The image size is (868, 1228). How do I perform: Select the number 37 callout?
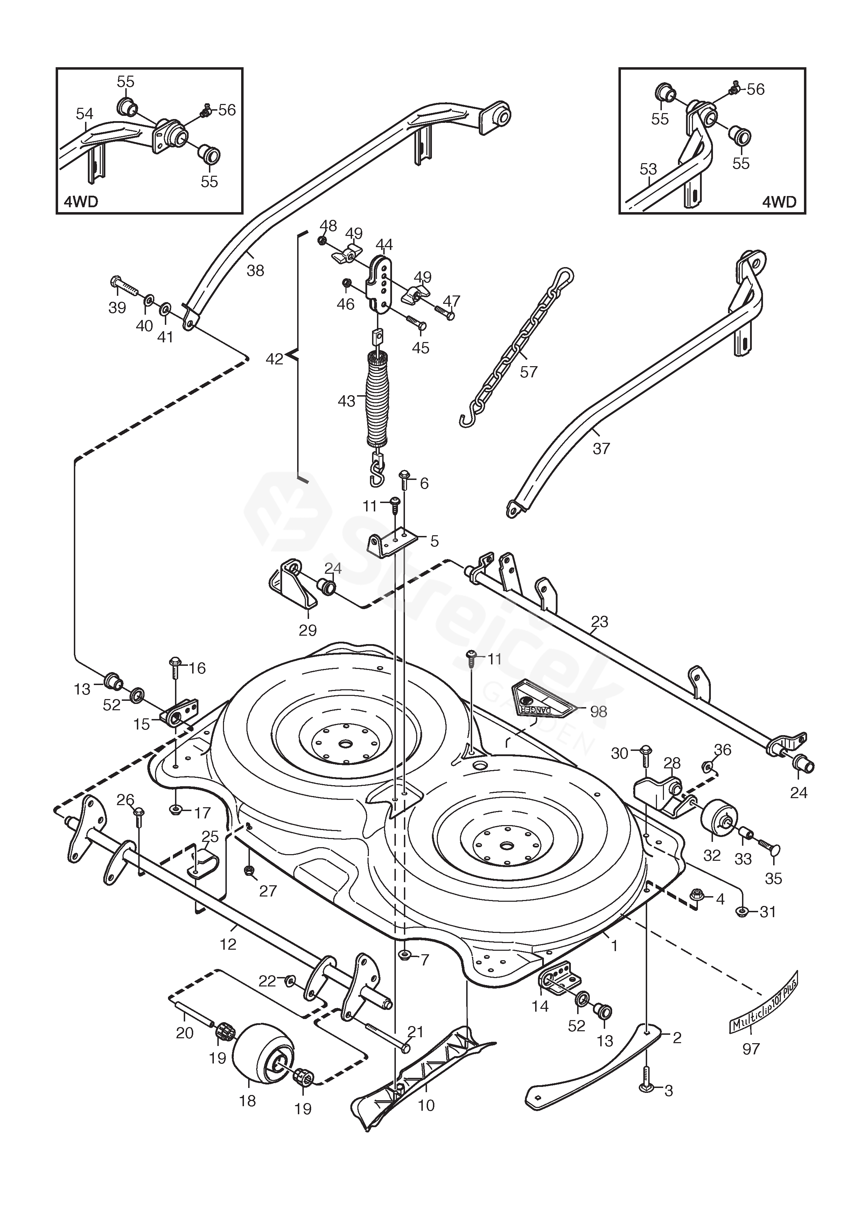(x=601, y=448)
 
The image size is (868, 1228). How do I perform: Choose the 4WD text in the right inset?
(x=779, y=202)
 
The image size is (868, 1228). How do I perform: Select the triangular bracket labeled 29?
(x=293, y=586)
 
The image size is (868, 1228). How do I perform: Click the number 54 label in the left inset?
(x=84, y=113)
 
